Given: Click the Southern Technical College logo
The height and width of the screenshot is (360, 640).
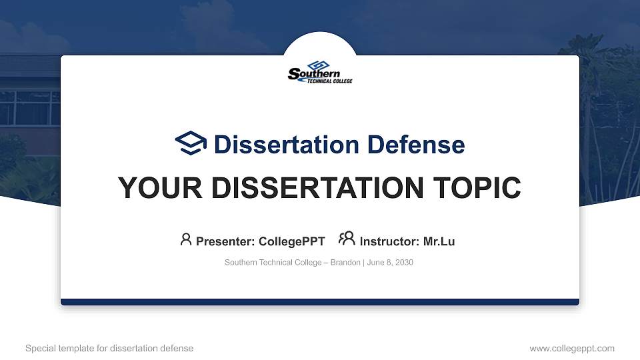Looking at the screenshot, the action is pos(320,72).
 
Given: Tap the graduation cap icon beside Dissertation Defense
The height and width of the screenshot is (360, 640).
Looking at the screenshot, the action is pos(191,143).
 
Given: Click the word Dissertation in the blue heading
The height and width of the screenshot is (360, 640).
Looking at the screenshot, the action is pos(287,145).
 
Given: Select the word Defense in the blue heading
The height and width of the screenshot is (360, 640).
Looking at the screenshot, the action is pos(416,145).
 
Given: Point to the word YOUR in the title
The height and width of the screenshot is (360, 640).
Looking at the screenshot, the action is pos(160,188).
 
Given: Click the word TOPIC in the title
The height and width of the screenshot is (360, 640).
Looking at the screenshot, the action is pos(477,188).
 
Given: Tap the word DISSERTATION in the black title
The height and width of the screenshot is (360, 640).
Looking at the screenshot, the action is pos(317,188).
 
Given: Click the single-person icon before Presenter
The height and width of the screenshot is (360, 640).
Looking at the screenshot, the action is pos(186,239).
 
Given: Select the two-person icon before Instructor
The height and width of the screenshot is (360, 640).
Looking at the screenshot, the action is pos(347,238).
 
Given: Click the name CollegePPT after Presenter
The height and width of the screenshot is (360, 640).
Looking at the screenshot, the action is pos(292,241).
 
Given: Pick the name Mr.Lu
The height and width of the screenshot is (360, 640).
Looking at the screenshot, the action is pos(439,241).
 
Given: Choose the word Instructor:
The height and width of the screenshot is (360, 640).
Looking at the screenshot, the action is pos(389,241).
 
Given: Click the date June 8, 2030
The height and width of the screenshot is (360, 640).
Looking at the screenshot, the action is pos(390,263).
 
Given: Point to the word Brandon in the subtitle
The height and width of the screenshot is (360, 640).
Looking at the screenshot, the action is pos(345,263).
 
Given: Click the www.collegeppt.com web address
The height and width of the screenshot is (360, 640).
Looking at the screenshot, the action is pos(572,349).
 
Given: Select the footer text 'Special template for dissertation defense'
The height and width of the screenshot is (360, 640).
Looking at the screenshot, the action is pos(109,348).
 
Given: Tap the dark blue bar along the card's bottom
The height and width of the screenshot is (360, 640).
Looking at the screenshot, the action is pos(320,302).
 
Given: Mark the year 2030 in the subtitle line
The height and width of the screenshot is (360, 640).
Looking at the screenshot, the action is pos(404,263).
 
